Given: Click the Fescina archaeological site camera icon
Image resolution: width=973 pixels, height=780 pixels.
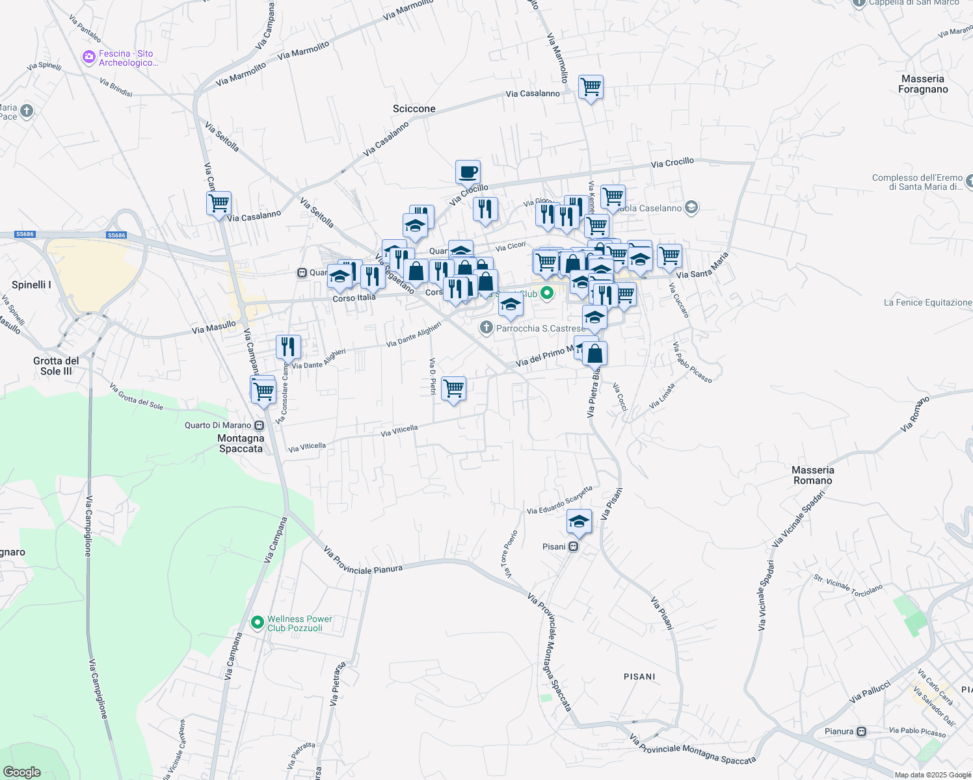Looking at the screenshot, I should pyautogui.click(x=89, y=58).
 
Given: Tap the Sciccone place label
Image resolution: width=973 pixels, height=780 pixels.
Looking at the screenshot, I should pyautogui.click(x=414, y=109).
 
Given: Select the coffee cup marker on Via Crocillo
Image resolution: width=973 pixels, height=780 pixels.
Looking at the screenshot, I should pyautogui.click(x=468, y=173).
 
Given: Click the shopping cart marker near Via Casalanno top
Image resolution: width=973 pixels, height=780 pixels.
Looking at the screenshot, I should pyautogui.click(x=591, y=86).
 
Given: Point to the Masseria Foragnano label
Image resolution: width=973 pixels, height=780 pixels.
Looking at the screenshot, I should pyautogui.click(x=923, y=84).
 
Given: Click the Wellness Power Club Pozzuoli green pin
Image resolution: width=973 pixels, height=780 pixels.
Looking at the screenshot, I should pyautogui.click(x=258, y=623).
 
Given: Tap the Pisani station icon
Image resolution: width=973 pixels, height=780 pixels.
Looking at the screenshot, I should pyautogui.click(x=573, y=547).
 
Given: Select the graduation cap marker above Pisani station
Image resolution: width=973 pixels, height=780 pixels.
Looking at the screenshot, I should pyautogui.click(x=579, y=521).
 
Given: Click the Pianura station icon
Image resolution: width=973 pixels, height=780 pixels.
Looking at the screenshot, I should pyautogui.click(x=862, y=731).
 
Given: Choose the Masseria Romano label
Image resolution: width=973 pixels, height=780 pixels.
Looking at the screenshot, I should pyautogui.click(x=813, y=475).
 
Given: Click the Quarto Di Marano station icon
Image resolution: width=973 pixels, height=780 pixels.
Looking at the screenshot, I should pyautogui.click(x=259, y=426).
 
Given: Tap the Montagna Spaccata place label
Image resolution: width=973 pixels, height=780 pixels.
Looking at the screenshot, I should pyautogui.click(x=241, y=443).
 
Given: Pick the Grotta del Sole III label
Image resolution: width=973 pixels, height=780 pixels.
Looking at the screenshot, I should pyautogui.click(x=56, y=366).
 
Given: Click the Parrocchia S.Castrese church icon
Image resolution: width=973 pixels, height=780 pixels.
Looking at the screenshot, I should pyautogui.click(x=486, y=328).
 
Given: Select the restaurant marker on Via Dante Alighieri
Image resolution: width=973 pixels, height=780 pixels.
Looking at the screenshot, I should pyautogui.click(x=288, y=347).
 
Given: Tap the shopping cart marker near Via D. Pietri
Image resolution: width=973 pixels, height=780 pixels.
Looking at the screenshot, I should pyautogui.click(x=453, y=389).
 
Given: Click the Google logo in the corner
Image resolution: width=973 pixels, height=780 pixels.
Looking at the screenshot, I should pyautogui.click(x=21, y=772).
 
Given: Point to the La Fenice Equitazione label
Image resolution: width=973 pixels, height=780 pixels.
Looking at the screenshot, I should pyautogui.click(x=927, y=302).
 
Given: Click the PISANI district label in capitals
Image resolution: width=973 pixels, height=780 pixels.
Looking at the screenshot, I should pyautogui.click(x=639, y=677).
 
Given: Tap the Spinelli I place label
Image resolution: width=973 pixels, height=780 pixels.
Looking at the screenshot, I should pyautogui.click(x=31, y=285).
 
